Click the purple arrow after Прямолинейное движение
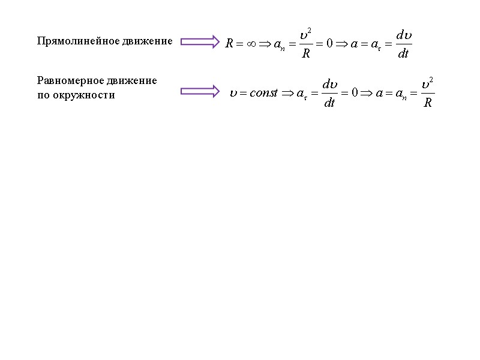pyautogui.click(x=200, y=41)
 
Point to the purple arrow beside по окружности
pyautogui.click(x=200, y=91)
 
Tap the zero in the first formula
pyautogui.click(x=329, y=44)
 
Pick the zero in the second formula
pyautogui.click(x=354, y=94)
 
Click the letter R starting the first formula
pyautogui.click(x=230, y=44)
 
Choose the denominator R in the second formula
pyautogui.click(x=427, y=103)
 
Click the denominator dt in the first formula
pyautogui.click(x=404, y=53)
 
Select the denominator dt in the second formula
pyautogui.click(x=329, y=103)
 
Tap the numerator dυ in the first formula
pyautogui.click(x=404, y=35)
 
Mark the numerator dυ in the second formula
pyautogui.click(x=329, y=85)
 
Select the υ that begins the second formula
pyautogui.click(x=233, y=94)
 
